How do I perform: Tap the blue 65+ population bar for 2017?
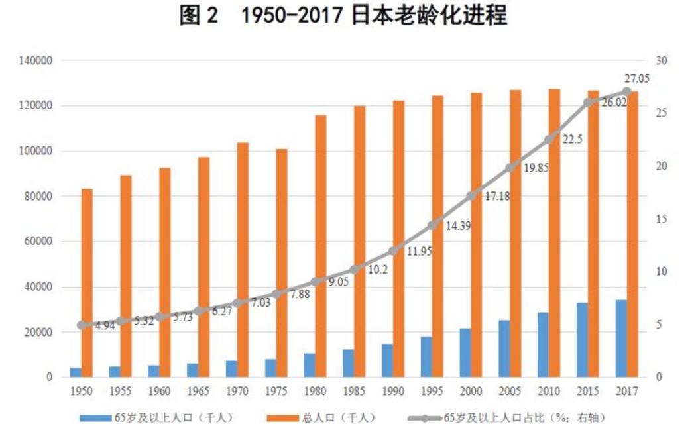tap(621, 339)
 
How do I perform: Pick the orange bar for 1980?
tap(321, 246)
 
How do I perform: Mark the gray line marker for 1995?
tap(432, 225)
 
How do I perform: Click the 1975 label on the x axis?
tap(276, 391)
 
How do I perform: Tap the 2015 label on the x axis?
tap(587, 391)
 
